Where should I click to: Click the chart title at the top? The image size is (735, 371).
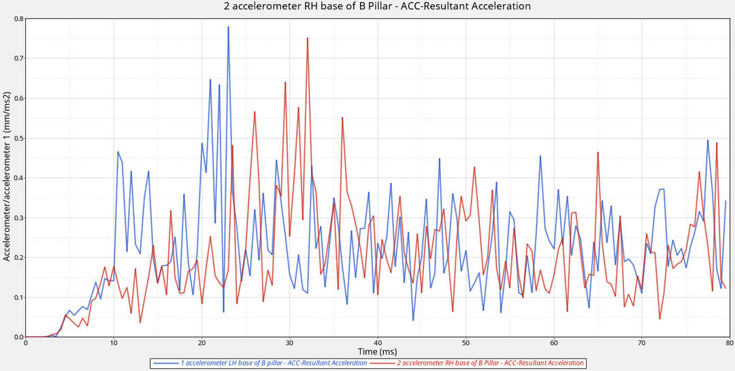coord(377,6)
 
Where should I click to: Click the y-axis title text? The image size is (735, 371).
coord(7,178)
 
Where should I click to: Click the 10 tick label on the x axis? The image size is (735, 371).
coord(114,343)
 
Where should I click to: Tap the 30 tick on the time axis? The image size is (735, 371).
coord(290,343)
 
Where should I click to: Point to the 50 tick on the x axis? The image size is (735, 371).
coord(465,343)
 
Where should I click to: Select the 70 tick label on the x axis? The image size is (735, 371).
coord(642,343)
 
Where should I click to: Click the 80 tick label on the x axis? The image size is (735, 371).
coord(729,343)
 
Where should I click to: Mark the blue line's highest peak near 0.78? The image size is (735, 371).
coord(228,27)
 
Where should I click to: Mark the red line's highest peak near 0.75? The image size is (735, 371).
coord(308,38)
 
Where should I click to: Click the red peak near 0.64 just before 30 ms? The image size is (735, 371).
coord(285,82)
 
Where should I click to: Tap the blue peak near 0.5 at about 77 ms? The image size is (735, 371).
coord(708,141)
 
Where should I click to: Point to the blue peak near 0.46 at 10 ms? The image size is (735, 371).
coord(118,152)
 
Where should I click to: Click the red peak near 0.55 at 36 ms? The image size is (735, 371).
coord(342,118)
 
